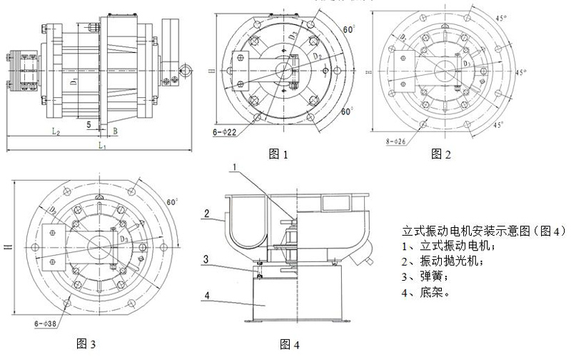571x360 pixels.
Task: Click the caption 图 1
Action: click(x=278, y=153)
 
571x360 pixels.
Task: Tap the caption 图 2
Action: click(x=442, y=153)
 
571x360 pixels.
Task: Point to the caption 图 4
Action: click(x=290, y=346)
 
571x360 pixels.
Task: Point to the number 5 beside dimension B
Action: click(x=89, y=124)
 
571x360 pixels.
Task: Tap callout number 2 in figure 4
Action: click(x=206, y=213)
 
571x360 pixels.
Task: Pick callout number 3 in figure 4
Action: click(x=206, y=258)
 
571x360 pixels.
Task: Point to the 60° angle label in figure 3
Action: click(x=171, y=202)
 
